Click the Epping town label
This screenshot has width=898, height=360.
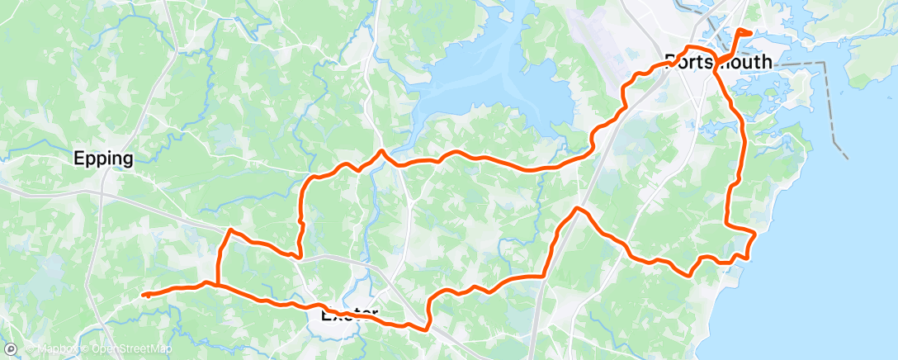[x=103, y=159]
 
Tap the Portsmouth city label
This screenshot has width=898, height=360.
[x=719, y=61]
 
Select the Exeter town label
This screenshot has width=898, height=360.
[x=349, y=315]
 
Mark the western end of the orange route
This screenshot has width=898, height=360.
[x=144, y=295]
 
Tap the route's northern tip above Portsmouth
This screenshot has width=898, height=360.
[x=739, y=30]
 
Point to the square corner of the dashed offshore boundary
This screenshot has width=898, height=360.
[x=825, y=63]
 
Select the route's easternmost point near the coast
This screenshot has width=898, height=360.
[x=755, y=234]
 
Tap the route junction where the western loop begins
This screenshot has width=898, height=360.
[x=217, y=283]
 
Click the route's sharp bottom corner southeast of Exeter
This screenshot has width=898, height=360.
[x=428, y=329]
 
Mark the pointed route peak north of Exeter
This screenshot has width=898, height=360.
[x=380, y=151]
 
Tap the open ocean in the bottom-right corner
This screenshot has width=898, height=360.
[x=858, y=322]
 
